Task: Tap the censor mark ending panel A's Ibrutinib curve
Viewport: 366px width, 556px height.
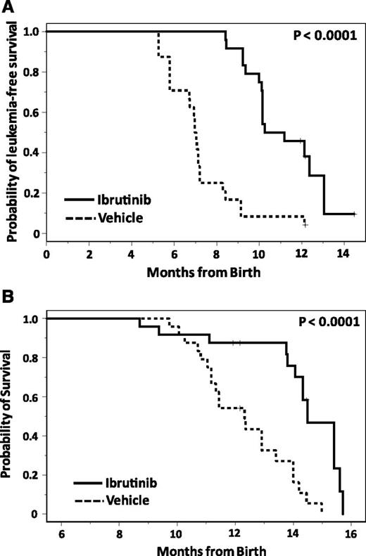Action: click(354, 214)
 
